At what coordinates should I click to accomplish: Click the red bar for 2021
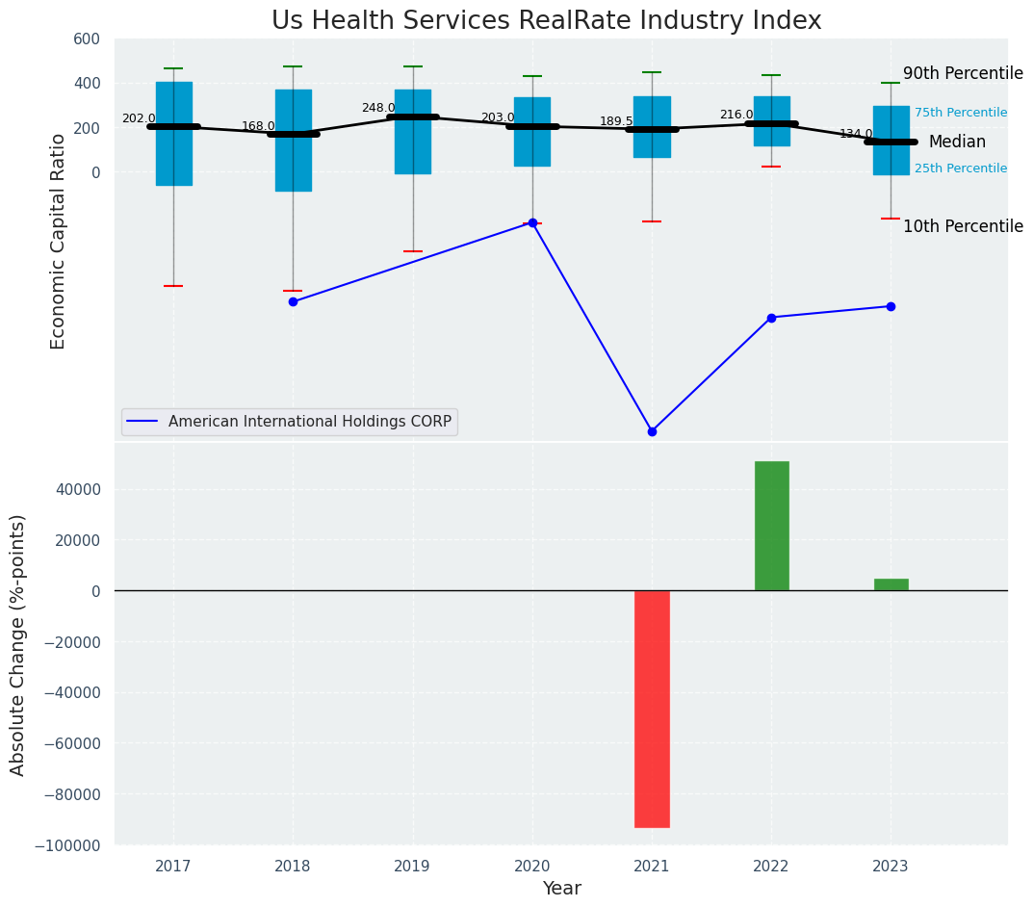[x=652, y=709]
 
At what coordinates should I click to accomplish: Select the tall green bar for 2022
[x=771, y=526]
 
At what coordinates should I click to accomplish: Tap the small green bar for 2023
[x=891, y=584]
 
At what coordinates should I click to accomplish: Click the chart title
[x=546, y=21]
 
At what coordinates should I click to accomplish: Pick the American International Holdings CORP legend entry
[x=289, y=422]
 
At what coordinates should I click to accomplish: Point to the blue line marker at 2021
[x=652, y=431]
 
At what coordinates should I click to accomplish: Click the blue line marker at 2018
[x=293, y=301]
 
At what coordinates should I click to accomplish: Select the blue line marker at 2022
[x=771, y=318]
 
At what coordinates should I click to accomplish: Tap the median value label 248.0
[x=378, y=108]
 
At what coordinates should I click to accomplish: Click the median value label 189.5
[x=616, y=121]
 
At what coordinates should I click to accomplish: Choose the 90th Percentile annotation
[x=963, y=73]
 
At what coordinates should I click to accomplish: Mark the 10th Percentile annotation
[x=963, y=226]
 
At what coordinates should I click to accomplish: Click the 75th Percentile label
[x=961, y=113]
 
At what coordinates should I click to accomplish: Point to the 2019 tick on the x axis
[x=412, y=868]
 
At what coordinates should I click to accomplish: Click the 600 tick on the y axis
[x=87, y=39]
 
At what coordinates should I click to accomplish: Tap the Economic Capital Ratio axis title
[x=59, y=241]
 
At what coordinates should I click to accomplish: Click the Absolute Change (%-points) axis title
[x=18, y=644]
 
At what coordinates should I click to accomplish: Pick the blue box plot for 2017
[x=174, y=134]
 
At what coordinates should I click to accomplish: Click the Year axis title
[x=561, y=889]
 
